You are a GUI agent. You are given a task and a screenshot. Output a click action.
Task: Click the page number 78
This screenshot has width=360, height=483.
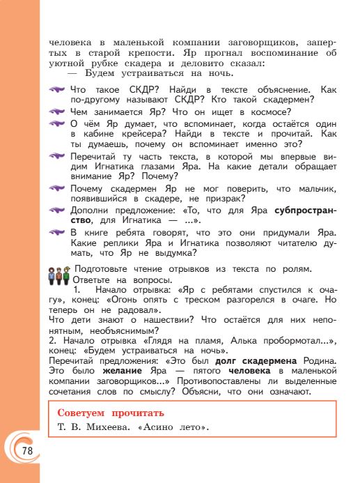(26, 450)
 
